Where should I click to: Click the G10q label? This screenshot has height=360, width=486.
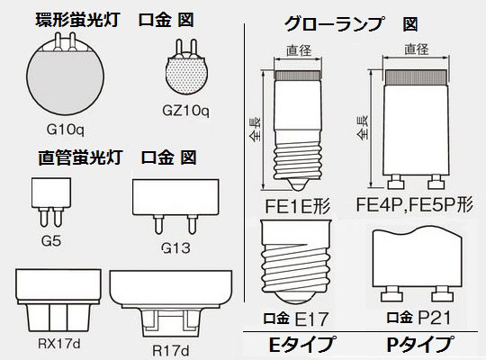point(65,129)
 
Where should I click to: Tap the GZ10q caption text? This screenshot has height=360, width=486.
point(185,110)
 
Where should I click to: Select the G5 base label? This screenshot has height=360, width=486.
point(51,240)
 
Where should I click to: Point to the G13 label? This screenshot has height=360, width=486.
point(175,247)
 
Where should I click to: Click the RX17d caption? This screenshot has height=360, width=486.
point(58,343)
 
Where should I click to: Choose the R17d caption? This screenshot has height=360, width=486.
point(170,351)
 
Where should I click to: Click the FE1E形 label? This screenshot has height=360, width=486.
point(297,205)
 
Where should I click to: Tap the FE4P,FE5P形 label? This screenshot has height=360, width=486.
point(414,204)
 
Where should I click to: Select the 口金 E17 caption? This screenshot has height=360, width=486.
point(296,319)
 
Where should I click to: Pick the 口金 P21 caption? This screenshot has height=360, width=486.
point(418,318)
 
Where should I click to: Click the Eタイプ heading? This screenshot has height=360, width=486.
point(301,344)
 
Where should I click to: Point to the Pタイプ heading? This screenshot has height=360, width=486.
point(419,344)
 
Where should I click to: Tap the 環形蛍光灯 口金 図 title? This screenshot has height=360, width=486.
point(115,20)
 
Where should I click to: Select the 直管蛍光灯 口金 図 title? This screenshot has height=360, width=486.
point(117,157)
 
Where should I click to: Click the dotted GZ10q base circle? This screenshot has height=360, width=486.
point(186,76)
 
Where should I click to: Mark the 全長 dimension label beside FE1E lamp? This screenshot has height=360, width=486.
point(256,130)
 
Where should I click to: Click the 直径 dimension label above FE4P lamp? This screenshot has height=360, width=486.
point(417,49)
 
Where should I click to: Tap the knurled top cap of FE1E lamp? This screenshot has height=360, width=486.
point(298,75)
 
